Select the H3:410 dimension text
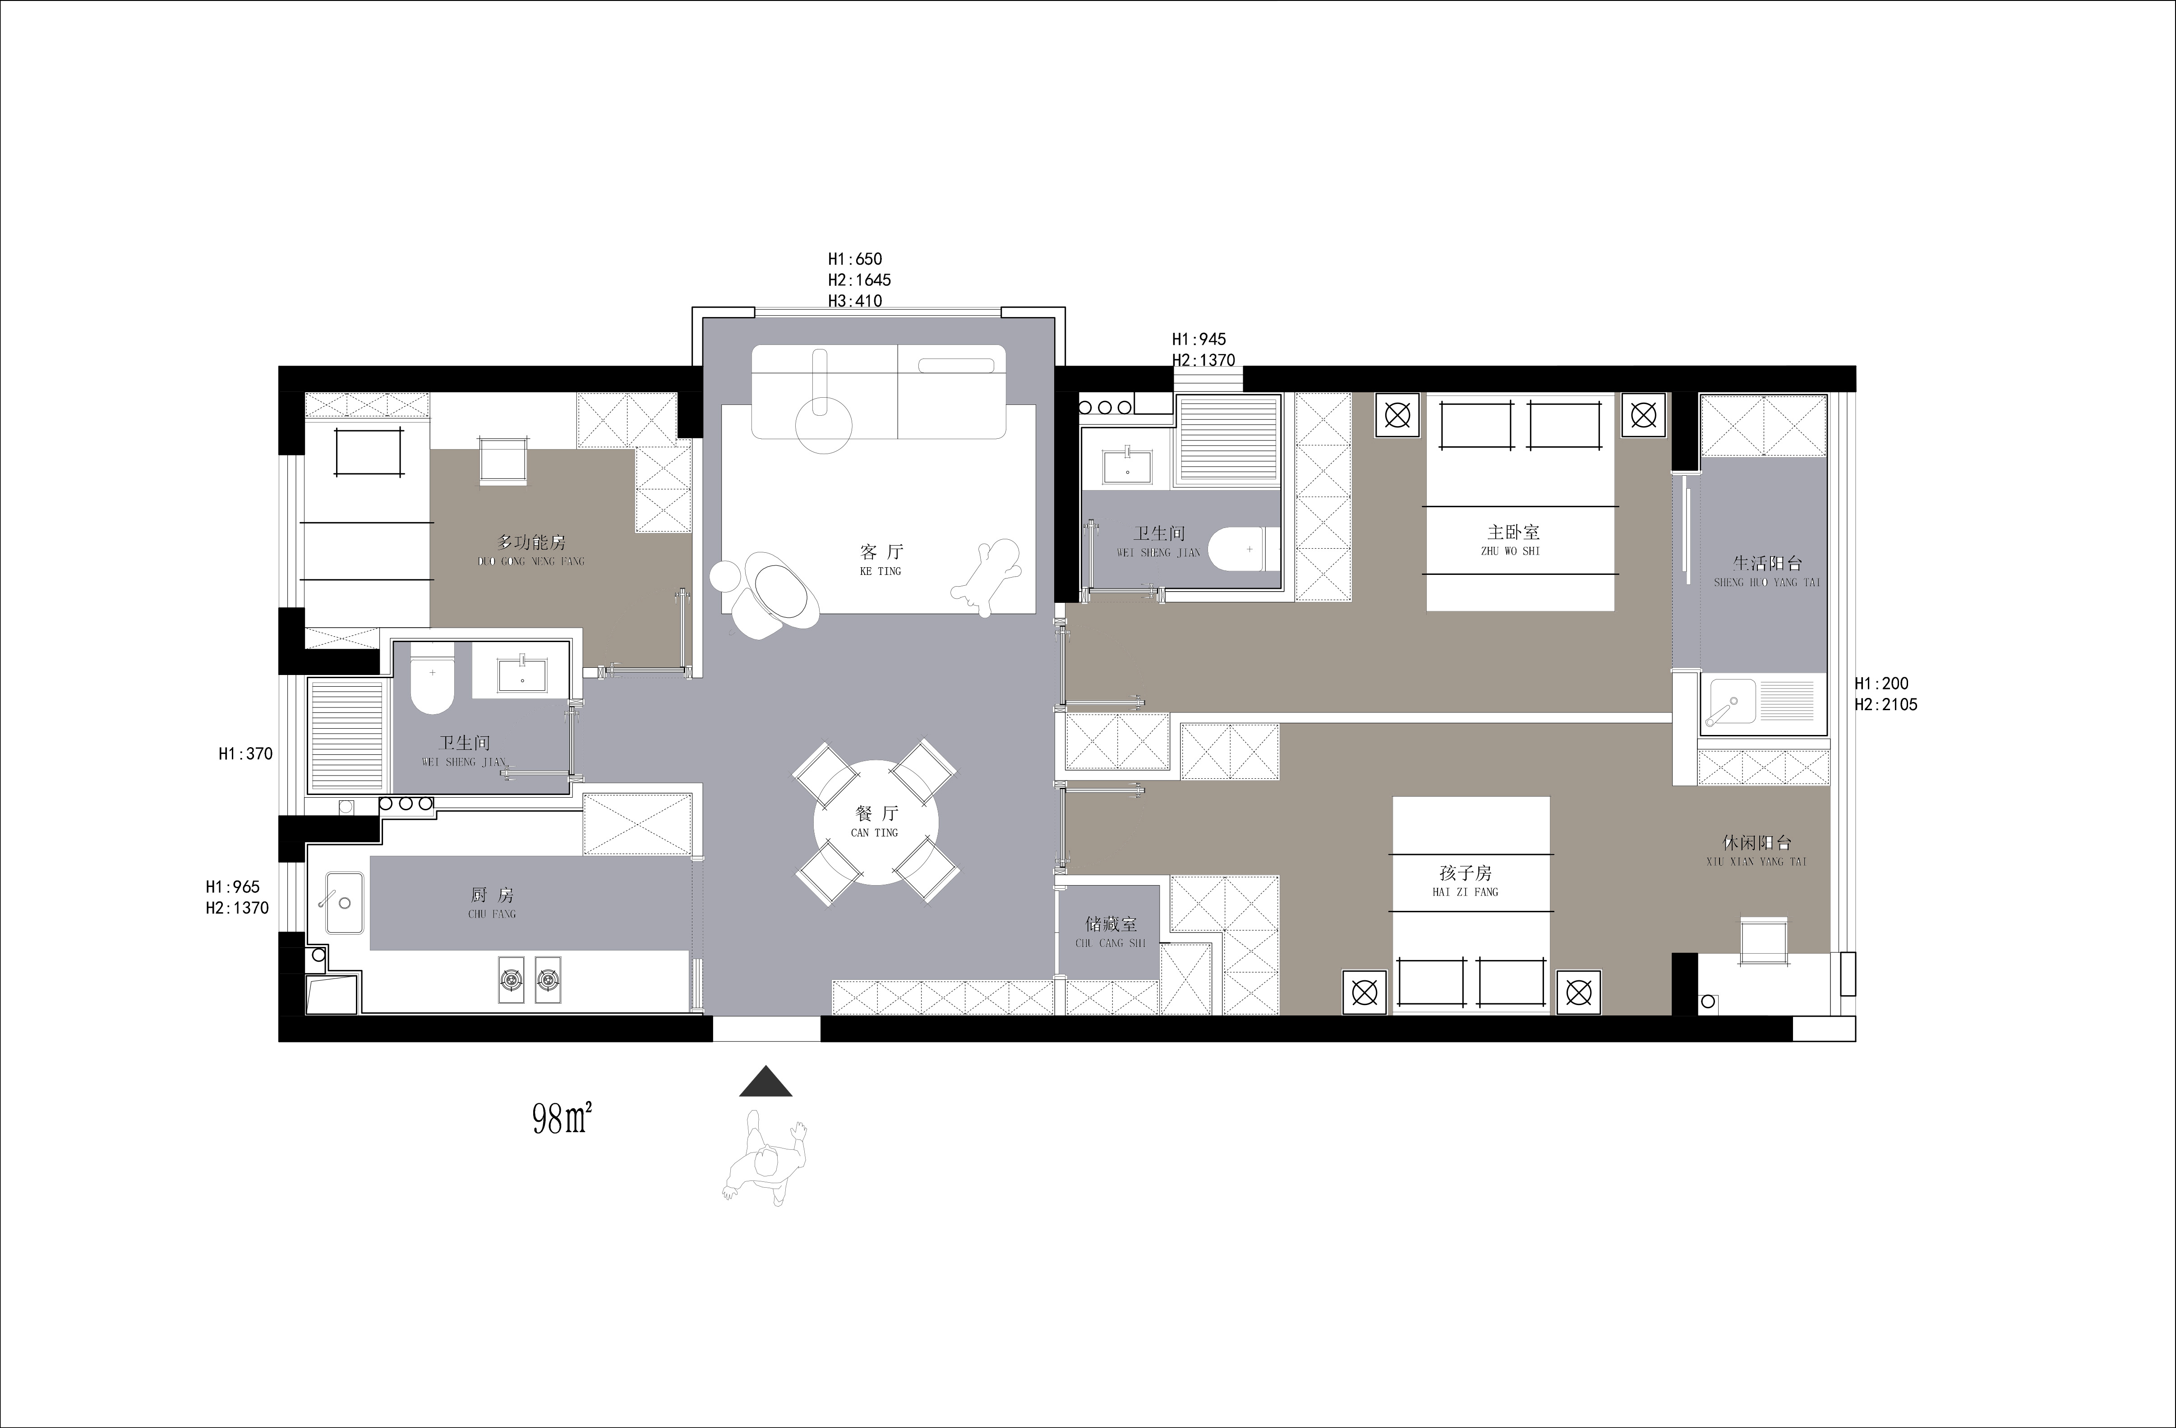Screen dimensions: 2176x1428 coord(855,301)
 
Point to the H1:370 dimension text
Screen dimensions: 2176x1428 coord(245,754)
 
